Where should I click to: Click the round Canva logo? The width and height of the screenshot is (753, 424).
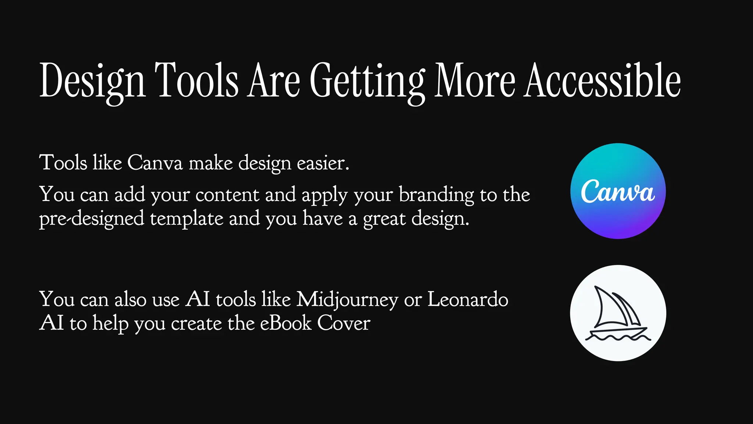(x=618, y=191)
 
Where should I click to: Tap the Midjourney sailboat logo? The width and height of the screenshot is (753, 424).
(x=618, y=313)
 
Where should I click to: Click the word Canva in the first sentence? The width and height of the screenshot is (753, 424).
(x=155, y=163)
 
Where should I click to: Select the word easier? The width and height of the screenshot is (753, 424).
(x=323, y=163)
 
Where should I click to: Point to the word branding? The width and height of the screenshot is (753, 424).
(x=436, y=195)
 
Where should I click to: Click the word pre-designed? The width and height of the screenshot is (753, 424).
(x=92, y=219)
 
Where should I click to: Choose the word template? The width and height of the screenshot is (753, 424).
(x=186, y=219)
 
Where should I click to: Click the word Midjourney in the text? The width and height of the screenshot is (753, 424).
(x=347, y=300)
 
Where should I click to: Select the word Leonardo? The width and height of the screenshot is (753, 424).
(x=468, y=299)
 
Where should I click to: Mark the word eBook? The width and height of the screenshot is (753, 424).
(x=286, y=323)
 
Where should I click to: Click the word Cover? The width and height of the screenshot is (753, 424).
(x=343, y=323)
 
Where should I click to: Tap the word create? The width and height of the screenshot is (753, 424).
(x=196, y=323)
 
